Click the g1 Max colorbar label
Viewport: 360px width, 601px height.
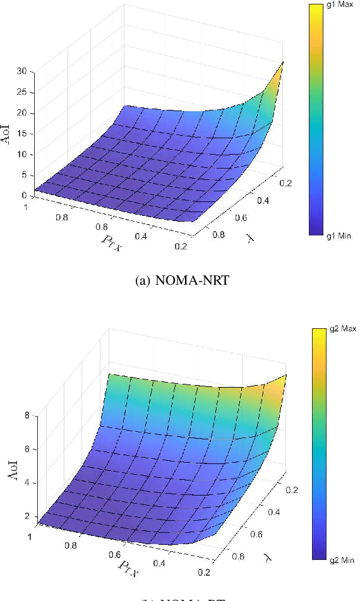click(340, 4)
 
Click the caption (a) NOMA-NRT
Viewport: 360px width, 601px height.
click(182, 281)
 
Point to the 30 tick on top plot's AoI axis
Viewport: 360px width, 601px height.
click(21, 71)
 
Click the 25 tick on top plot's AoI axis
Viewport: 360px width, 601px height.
click(21, 92)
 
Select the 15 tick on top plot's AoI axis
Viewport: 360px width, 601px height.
click(21, 134)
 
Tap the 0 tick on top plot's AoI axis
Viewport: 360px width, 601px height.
click(23, 196)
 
